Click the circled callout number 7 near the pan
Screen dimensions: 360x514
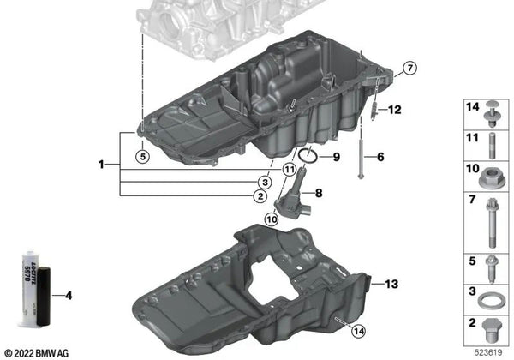coord(409,68)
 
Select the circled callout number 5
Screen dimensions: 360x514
coord(142,156)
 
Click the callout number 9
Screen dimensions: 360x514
coord(336,157)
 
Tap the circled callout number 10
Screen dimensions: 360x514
coord(271,219)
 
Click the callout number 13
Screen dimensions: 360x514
coord(391,284)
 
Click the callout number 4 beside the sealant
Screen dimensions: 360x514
coord(69,297)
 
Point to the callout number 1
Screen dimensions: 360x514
coord(102,163)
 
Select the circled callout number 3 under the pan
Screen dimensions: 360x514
coord(266,183)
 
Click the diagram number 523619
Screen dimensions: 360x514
coord(488,351)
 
